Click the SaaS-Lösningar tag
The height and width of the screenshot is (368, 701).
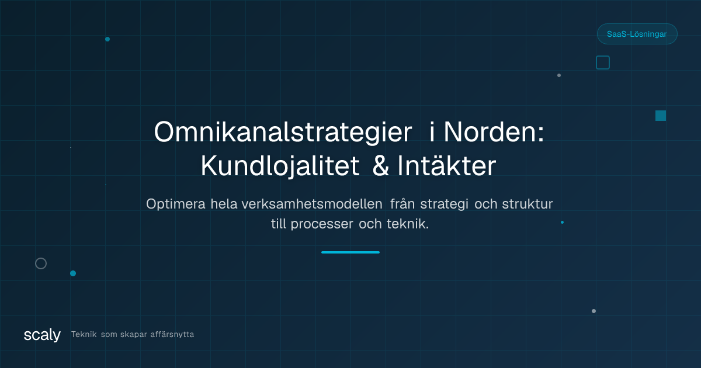637,34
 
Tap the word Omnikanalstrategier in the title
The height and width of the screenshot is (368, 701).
283,133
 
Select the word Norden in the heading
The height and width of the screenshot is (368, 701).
494,133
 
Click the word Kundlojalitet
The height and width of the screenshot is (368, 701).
280,166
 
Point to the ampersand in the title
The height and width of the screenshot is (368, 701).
380,166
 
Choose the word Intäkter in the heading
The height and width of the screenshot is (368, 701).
446,166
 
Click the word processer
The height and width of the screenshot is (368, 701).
322,224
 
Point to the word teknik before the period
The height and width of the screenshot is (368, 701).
406,224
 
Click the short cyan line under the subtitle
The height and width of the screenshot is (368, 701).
350,252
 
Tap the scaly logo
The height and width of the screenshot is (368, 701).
42,335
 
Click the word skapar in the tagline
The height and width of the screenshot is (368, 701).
134,335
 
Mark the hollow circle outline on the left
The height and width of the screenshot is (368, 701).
41,263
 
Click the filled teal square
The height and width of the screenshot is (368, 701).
661,116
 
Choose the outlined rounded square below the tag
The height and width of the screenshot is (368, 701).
603,63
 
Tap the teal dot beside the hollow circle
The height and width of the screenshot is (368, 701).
73,273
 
